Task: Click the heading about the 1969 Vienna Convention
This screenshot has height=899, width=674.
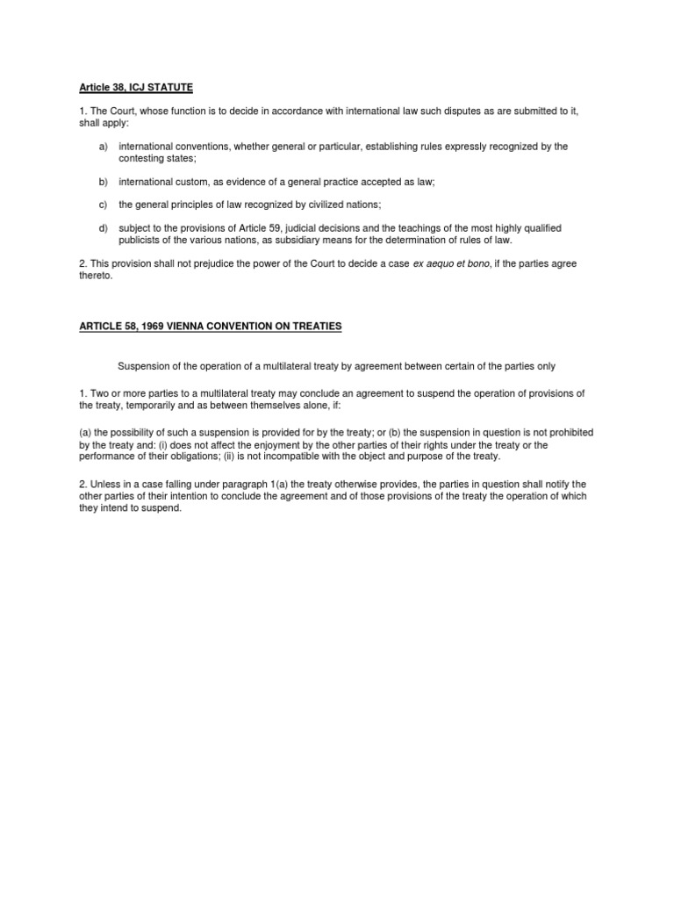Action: (204, 326)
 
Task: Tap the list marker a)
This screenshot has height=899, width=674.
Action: (103, 146)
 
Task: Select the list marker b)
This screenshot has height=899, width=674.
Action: (103, 182)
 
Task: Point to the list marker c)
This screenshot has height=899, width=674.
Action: (103, 205)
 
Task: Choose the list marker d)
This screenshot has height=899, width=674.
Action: (103, 228)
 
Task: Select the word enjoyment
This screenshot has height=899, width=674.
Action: (272, 445)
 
